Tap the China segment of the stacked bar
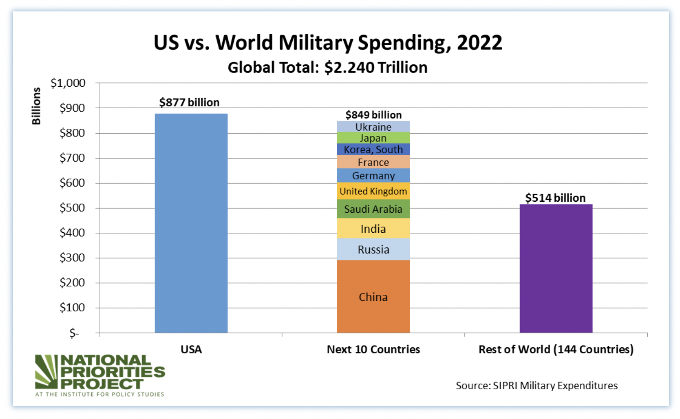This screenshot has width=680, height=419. click(373, 297)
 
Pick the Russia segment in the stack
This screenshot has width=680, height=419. click(373, 249)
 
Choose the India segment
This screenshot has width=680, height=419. click(373, 229)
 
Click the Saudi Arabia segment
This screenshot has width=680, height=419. click(373, 209)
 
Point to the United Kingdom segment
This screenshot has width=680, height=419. click(373, 191)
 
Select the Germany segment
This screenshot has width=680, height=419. click(373, 176)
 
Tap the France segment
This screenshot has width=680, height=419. click(373, 162)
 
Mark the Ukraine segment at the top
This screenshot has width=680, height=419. click(373, 126)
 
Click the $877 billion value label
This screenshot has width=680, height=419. click(189, 102)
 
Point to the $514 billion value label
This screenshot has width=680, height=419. click(555, 198)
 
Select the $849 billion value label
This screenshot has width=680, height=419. click(373, 115)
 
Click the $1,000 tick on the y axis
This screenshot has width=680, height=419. click(68, 83)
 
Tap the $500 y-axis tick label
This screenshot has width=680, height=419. click(72, 208)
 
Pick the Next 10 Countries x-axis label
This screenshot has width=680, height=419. click(373, 349)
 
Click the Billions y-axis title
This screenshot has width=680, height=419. click(36, 106)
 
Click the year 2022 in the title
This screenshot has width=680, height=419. click(479, 43)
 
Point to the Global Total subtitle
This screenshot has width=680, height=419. click(327, 68)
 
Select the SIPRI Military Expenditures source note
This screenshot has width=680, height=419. click(536, 385)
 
